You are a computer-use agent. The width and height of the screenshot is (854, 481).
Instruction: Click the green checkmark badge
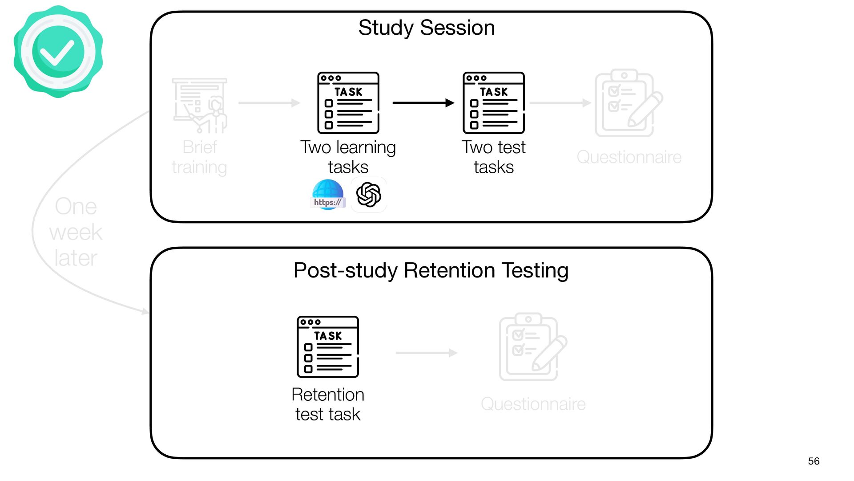pos(58,52)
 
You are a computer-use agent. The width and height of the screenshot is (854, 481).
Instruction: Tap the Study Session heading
pos(427,28)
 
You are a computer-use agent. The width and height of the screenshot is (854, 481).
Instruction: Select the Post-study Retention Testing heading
pos(431,270)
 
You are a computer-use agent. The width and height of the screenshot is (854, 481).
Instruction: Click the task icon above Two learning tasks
pos(348,103)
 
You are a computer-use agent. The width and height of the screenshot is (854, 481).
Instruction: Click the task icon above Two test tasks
pos(494,103)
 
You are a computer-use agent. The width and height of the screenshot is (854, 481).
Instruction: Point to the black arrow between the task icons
pos(423,103)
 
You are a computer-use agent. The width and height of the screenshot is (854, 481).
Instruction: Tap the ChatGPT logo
pos(369,195)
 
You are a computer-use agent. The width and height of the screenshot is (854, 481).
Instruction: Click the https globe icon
pos(328,195)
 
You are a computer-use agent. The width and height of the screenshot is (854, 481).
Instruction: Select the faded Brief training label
pos(199,157)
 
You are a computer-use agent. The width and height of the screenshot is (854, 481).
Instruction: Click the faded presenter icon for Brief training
pos(200,106)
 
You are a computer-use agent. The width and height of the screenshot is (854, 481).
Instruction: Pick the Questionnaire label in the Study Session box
pos(629,157)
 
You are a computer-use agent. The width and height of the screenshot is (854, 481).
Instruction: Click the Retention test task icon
pos(328,347)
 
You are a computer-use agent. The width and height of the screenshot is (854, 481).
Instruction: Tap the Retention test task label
pos(328,404)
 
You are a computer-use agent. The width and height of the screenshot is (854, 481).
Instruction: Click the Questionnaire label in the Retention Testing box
pos(533,404)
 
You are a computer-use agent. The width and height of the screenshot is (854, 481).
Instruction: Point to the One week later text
pos(76,232)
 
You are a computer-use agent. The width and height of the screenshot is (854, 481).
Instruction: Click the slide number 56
pos(814,461)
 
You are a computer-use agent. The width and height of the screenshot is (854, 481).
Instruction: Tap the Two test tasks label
pos(494,157)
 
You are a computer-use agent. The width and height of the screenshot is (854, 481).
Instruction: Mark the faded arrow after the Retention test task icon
pos(427,353)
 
